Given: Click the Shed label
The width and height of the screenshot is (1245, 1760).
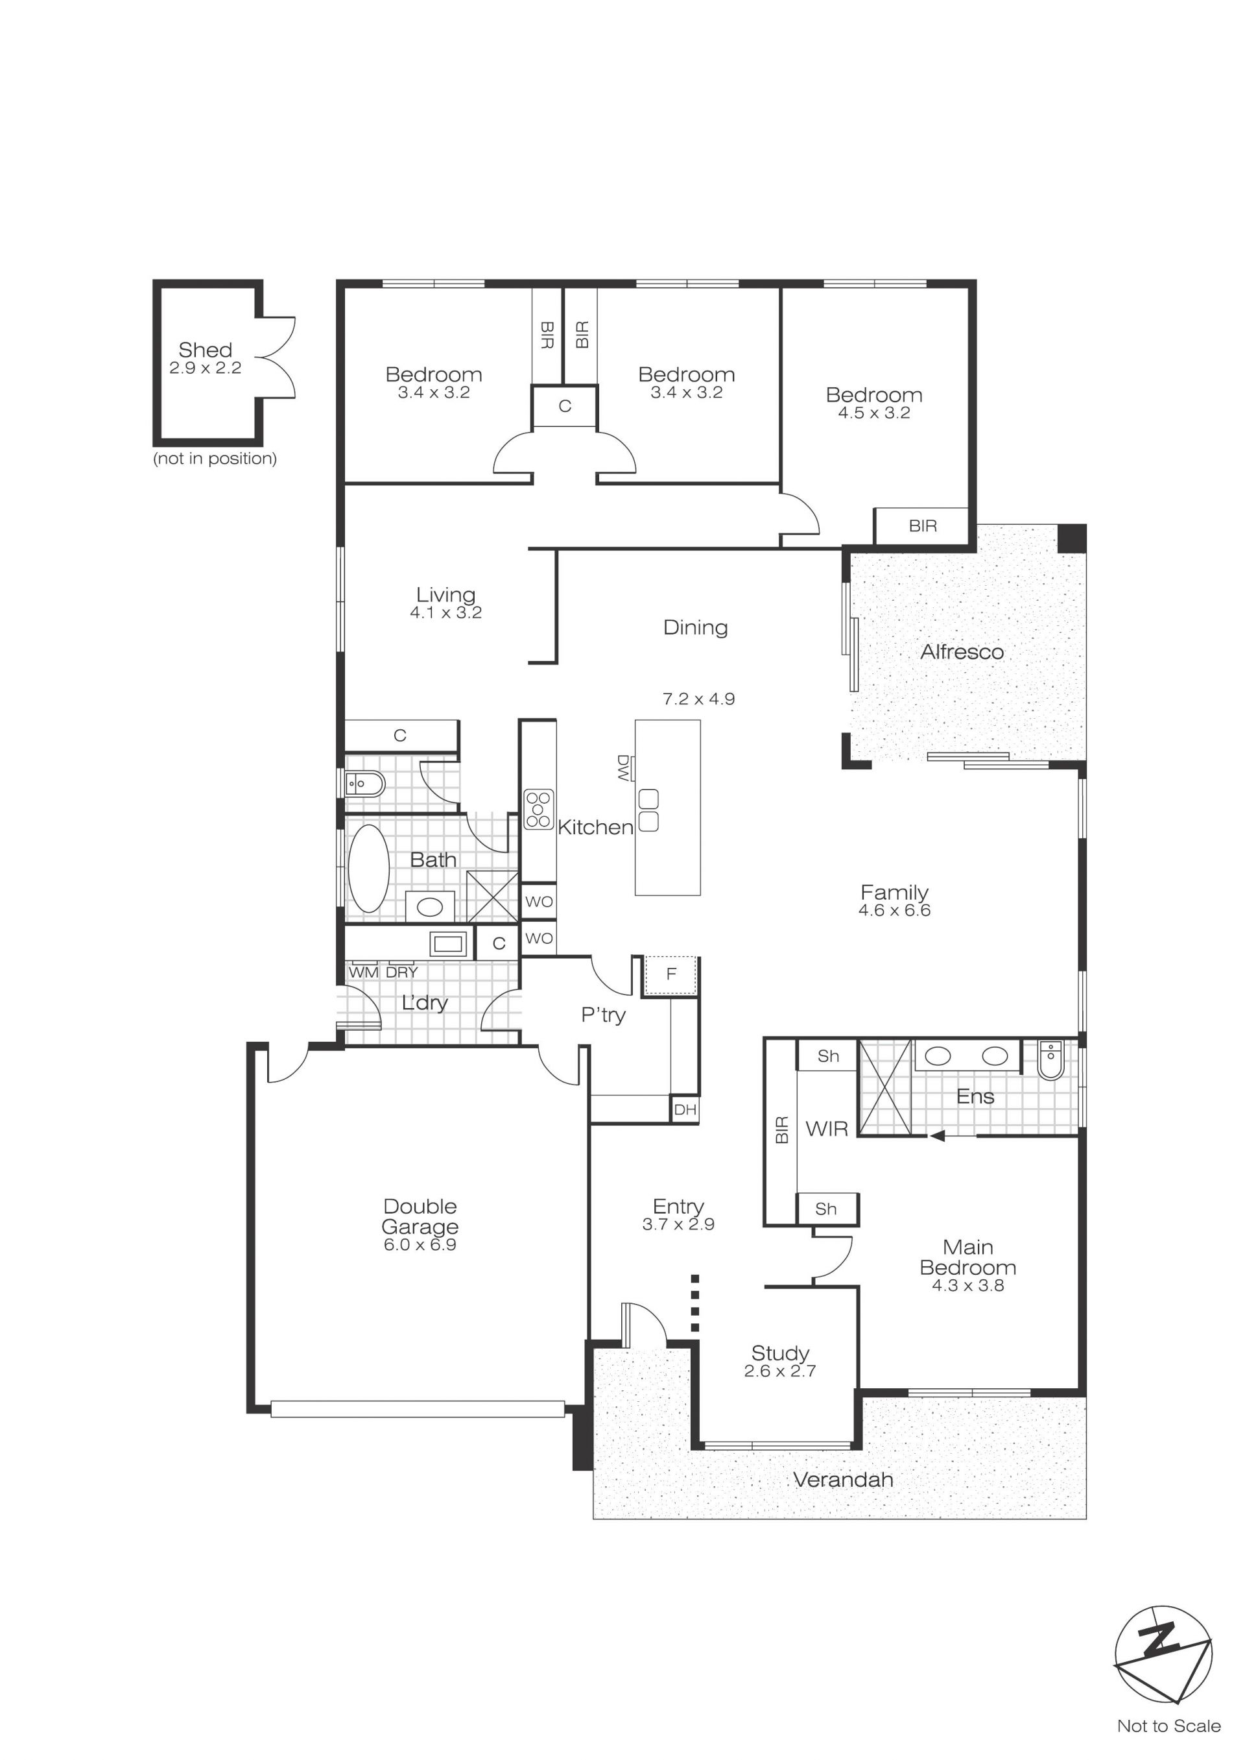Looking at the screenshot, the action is pos(205,350).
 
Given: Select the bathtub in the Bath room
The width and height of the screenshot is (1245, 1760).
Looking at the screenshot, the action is pos(369,868).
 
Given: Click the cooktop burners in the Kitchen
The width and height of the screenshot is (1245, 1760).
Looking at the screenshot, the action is pos(539,809).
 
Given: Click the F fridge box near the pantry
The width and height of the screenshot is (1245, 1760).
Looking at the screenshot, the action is pos(670,974).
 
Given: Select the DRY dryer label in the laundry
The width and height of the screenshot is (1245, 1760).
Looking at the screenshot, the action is pos(402,972).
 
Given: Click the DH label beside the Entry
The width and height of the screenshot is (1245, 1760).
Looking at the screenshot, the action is pos(685,1110).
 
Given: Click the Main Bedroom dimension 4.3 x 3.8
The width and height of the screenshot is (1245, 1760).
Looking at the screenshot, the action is pos(967,1285).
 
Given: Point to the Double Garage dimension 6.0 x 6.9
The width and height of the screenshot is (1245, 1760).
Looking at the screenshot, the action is pos(420,1245).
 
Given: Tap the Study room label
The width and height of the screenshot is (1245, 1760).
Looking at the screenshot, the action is pos(779,1353).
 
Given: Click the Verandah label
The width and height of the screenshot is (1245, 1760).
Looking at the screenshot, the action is pos(843,1479).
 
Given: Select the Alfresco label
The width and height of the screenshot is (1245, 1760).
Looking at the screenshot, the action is pos(962,652).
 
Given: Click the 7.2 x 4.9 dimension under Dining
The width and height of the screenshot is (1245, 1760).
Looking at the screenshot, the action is pos(698,699).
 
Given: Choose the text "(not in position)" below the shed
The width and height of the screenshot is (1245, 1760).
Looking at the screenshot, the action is pos(215,459).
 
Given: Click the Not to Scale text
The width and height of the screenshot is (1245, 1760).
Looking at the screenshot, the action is pos(1168,1726).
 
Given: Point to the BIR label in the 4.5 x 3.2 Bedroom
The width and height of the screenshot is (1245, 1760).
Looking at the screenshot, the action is pos(922,526).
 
